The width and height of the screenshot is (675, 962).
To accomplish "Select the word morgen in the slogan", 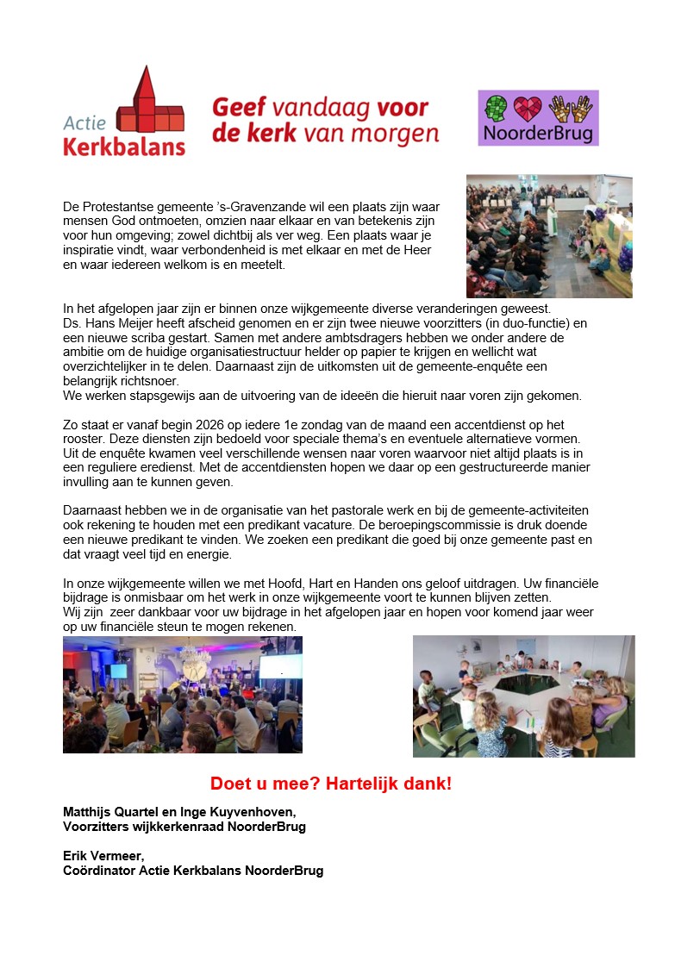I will (404, 135).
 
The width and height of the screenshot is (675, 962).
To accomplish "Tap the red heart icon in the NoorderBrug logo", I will (538, 109).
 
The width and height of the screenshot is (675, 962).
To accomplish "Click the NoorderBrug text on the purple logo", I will (538, 135).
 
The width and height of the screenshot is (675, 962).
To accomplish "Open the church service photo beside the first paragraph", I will (549, 236).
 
